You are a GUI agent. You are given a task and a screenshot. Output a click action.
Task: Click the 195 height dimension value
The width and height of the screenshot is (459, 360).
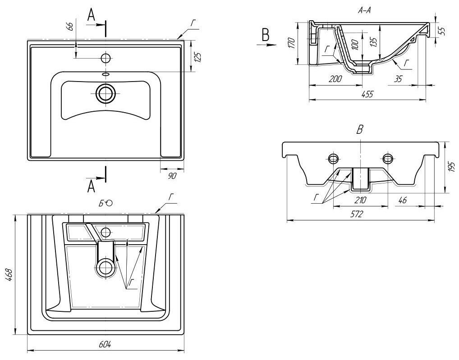pos(451,167)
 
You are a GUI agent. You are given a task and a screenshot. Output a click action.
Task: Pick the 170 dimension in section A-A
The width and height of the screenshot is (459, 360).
pos(291,43)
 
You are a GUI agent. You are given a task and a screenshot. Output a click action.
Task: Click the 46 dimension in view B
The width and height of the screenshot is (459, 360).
pos(402,200)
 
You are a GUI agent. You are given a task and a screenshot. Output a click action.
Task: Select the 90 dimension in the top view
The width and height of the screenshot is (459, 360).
pos(172,176)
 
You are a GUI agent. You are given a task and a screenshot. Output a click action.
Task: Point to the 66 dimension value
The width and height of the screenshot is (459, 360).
pos(70,26)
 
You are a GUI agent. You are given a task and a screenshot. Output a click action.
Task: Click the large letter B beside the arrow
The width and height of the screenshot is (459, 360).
pos(266,35)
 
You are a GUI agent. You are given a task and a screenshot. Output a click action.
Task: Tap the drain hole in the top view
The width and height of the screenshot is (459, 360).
pos(106,94)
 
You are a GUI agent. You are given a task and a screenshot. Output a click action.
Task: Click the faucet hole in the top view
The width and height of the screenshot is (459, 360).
pos(106,58)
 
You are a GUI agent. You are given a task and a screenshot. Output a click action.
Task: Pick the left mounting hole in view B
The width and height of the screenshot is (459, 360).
pos(334,158)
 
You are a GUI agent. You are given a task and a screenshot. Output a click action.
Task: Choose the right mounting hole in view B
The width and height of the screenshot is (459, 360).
pos(387,158)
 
